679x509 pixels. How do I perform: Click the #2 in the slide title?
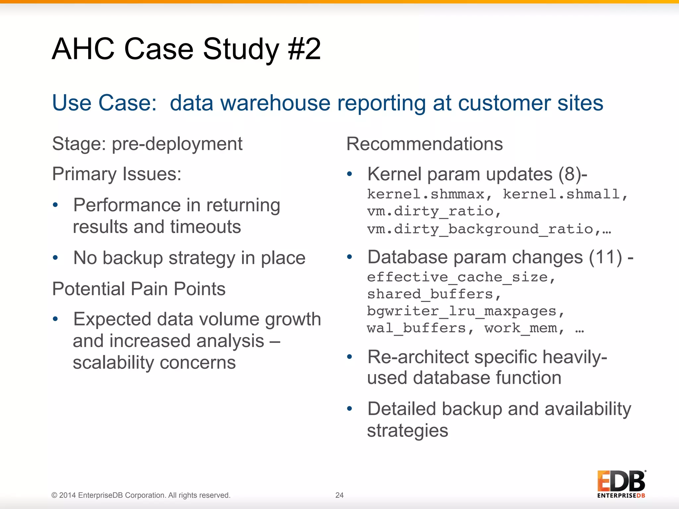304,49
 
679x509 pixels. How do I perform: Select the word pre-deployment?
177,144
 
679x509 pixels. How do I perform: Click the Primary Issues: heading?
117,174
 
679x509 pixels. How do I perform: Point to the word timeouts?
206,227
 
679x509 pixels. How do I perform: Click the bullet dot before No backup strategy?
55,257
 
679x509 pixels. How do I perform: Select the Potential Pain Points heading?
139,289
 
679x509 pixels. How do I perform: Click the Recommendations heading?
424,144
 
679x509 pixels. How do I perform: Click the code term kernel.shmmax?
426,194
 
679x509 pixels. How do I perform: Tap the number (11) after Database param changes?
605,257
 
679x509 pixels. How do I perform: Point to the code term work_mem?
521,328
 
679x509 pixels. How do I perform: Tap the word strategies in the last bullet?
407,430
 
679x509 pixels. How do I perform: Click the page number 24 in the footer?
339,495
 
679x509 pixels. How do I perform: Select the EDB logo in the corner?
621,484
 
